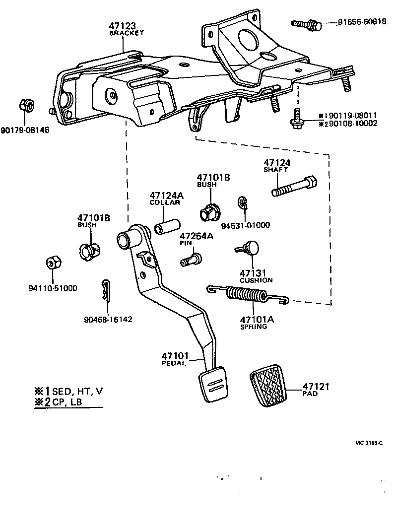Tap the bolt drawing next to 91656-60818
click(306, 23)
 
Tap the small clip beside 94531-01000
click(242, 202)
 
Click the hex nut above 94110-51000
click(53, 264)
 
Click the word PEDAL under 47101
click(174, 363)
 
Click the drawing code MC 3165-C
click(368, 443)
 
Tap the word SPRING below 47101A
click(254, 327)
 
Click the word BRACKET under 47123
click(127, 33)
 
